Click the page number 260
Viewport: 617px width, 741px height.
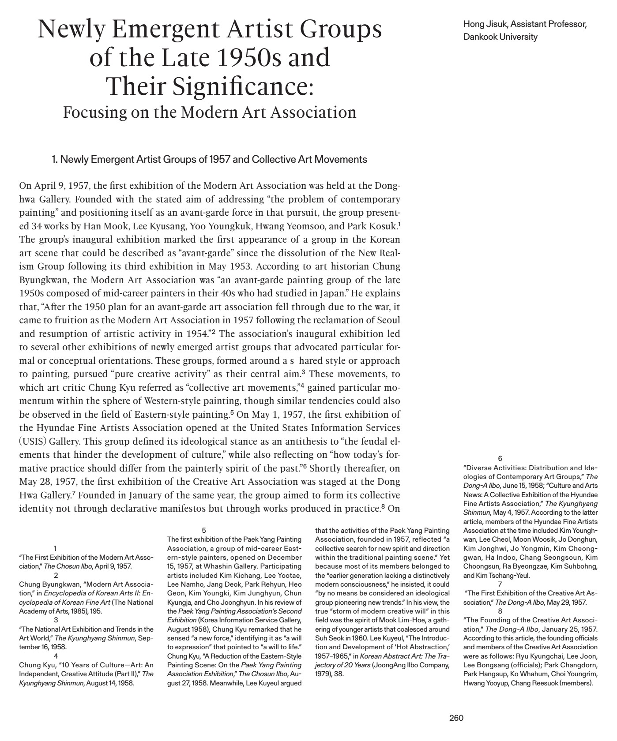456,718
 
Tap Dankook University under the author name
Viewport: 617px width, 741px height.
500,37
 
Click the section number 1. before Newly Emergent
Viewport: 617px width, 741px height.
55,159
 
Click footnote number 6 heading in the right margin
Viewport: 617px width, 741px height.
500,459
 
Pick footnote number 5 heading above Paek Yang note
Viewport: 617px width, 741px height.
203,530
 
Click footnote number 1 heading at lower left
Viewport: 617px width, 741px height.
55,548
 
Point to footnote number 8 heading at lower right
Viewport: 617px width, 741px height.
500,611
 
